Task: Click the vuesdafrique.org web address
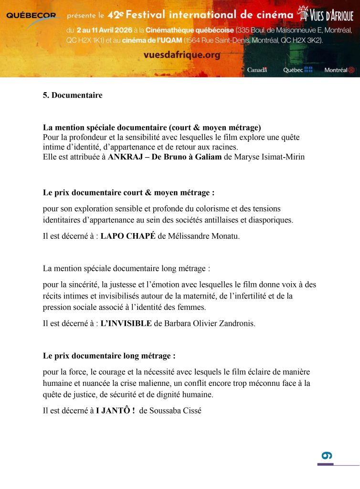[182, 55]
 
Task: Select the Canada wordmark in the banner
[257, 70]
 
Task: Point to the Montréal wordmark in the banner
[339, 70]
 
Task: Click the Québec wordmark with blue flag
[297, 70]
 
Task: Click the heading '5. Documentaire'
[73, 95]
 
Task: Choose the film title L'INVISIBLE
[126, 323]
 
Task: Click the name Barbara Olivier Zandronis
[210, 323]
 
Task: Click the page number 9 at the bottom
[327, 456]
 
